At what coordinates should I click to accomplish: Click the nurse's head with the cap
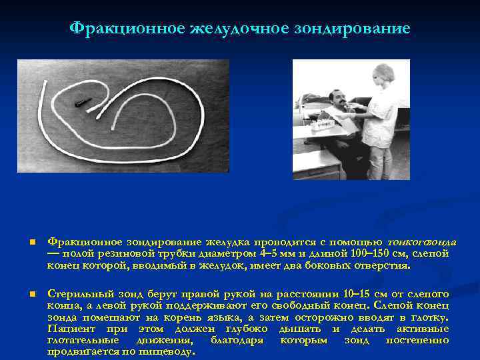pos(383,74)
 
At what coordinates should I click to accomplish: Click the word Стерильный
pos(74,294)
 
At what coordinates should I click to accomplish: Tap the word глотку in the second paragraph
pos(433,317)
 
